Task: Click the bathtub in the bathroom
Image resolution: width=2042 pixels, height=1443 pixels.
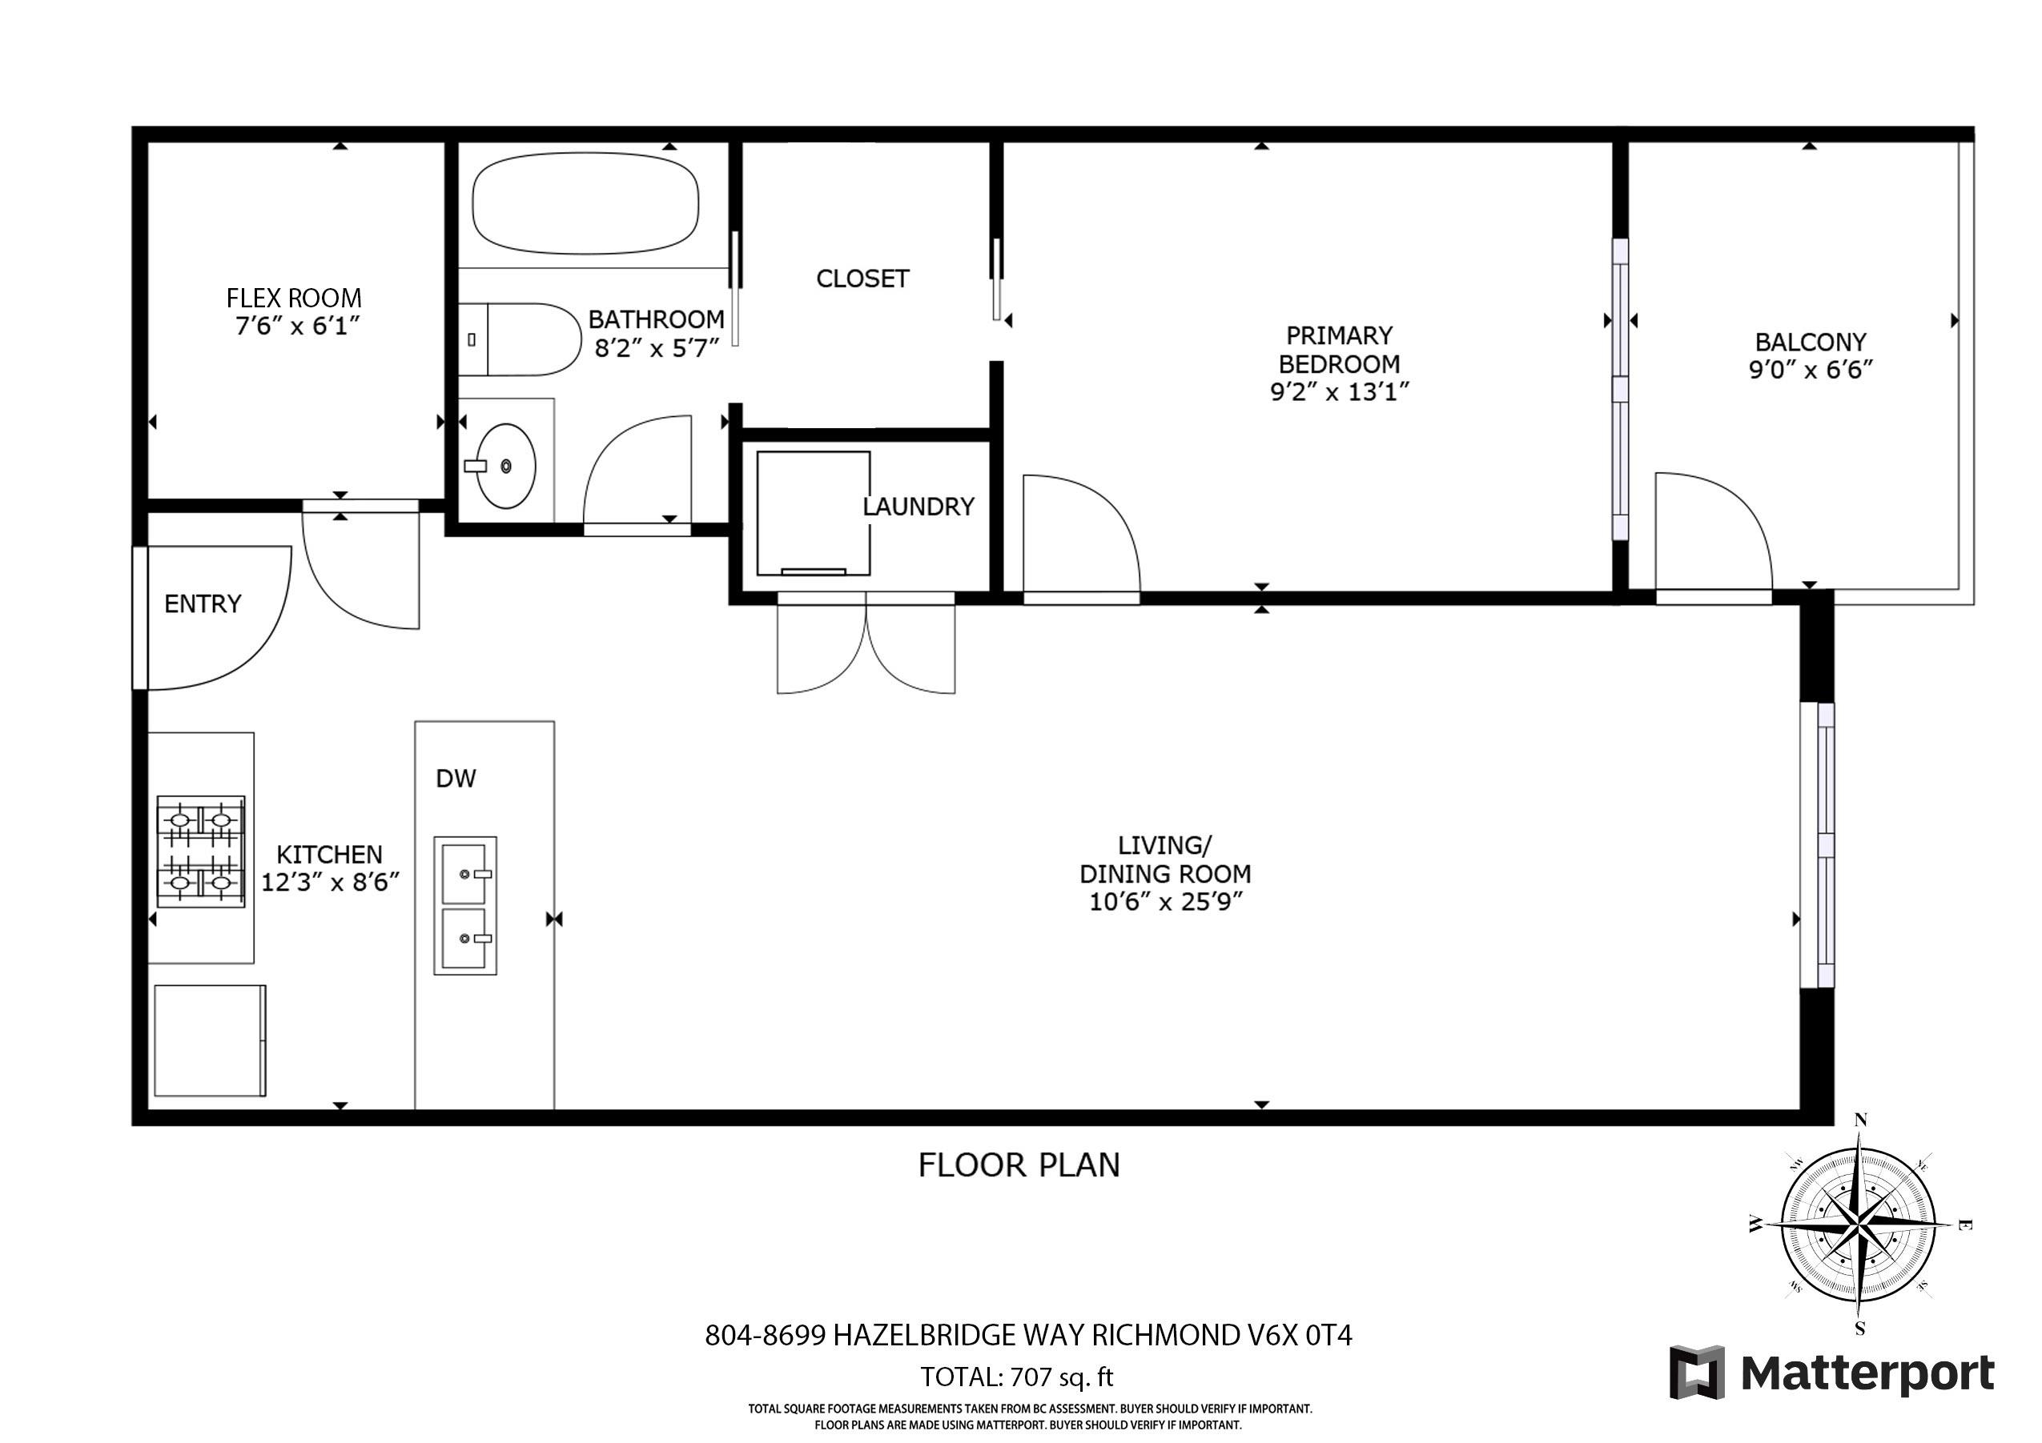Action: [x=585, y=205]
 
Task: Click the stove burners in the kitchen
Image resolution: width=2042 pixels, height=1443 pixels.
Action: [x=201, y=851]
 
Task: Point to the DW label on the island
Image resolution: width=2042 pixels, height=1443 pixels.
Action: [x=456, y=779]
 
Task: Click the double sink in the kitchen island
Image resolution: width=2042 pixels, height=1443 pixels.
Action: [x=465, y=905]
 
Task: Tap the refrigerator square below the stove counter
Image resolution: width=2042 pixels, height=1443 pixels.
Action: [x=210, y=1040]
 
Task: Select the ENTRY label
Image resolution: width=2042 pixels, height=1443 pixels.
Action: [x=203, y=604]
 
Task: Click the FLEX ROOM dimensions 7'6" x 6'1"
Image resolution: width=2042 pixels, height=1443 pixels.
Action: [x=297, y=327]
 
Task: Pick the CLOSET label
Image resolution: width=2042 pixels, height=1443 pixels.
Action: [x=862, y=279]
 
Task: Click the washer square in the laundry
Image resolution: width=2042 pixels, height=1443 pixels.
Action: [x=813, y=513]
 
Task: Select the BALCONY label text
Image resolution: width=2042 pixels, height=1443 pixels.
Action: [x=1810, y=343]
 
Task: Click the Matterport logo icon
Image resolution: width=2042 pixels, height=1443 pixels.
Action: [x=1696, y=1372]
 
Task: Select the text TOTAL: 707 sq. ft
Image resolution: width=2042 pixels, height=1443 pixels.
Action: [x=1016, y=1377]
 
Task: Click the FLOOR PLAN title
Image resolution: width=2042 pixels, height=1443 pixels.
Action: [x=1019, y=1164]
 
